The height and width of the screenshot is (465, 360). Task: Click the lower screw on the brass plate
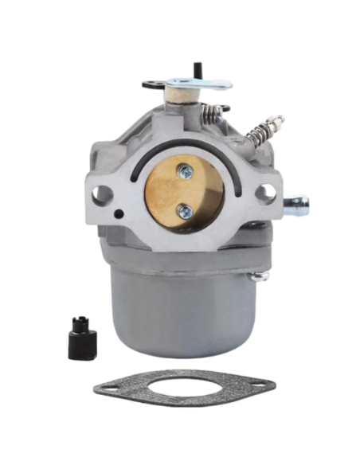click(185, 210)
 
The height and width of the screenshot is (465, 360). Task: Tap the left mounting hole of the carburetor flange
click(102, 193)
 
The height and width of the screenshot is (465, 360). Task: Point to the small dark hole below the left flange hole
click(119, 214)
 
